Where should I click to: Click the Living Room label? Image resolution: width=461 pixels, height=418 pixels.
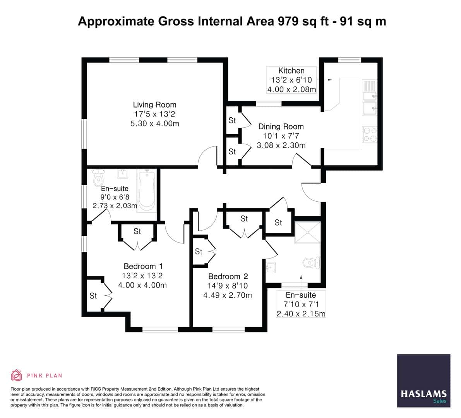point(154,104)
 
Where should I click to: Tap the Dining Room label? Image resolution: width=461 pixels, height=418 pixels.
point(281,127)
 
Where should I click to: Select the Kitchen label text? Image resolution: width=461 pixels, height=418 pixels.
point(291,70)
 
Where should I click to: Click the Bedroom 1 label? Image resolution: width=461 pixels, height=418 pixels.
point(143,266)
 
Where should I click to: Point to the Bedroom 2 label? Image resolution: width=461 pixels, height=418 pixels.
point(228,276)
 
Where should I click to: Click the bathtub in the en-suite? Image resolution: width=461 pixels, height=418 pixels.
point(147,190)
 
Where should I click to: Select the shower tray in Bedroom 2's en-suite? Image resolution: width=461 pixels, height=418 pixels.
point(307,232)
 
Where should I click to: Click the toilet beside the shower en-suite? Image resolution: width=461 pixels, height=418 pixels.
point(311,263)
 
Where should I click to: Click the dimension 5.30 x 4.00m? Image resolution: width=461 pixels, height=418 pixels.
point(155,124)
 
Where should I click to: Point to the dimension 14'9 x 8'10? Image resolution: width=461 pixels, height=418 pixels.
point(228,286)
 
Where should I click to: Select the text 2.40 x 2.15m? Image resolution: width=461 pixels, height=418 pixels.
point(301,313)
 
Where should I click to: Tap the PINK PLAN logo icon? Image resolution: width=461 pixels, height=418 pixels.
point(16,375)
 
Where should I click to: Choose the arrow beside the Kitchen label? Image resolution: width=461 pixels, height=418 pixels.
point(329,80)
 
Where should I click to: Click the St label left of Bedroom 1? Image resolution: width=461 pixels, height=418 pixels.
point(93,296)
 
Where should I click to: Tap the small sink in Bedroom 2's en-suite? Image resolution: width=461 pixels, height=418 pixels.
point(271,267)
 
